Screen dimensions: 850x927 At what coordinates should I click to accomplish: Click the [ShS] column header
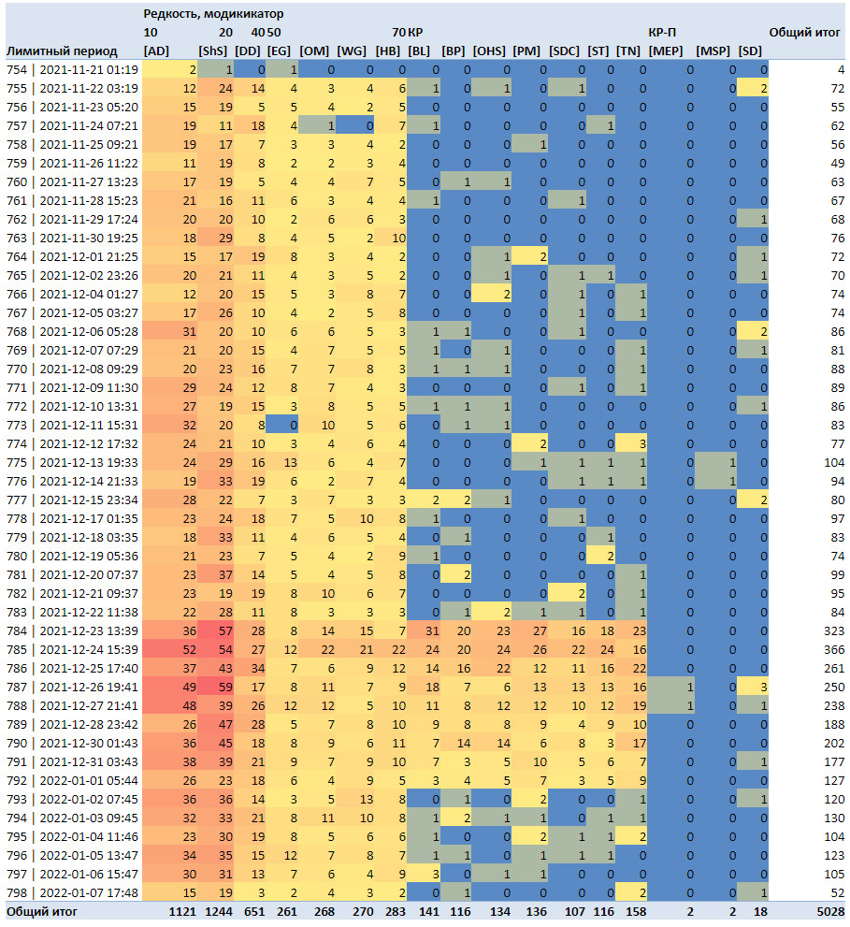tap(213, 51)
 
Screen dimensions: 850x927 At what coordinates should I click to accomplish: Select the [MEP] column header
tap(666, 51)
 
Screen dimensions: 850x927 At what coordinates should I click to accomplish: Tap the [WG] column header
tap(352, 51)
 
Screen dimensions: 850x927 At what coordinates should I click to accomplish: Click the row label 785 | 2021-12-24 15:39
tap(72, 650)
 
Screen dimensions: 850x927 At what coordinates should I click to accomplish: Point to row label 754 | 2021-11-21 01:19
tap(72, 70)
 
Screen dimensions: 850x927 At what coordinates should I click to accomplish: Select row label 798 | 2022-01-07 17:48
tap(72, 892)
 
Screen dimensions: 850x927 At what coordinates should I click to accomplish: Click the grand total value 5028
tap(830, 912)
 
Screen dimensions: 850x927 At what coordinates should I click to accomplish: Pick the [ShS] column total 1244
tap(219, 912)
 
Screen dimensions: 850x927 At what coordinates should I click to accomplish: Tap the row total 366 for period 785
tap(834, 650)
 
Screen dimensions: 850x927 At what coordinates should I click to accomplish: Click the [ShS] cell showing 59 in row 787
tap(225, 687)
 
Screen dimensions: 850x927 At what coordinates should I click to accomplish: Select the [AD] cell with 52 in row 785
tap(189, 650)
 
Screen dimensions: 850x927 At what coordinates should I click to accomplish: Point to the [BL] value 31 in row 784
tap(432, 630)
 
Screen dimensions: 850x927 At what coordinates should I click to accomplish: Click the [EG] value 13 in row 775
tap(290, 462)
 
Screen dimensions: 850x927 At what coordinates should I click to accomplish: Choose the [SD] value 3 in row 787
tap(764, 687)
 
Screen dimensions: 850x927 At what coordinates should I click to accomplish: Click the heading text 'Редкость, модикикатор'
tap(213, 14)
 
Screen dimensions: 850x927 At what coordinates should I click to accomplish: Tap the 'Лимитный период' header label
tap(62, 51)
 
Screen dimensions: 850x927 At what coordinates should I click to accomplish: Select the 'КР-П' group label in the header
tap(662, 33)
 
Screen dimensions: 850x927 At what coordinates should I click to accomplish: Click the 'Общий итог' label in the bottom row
tap(42, 912)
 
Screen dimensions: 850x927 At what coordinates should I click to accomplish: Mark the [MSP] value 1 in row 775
tap(732, 462)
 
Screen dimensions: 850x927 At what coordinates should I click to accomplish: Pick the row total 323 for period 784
tap(834, 630)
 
